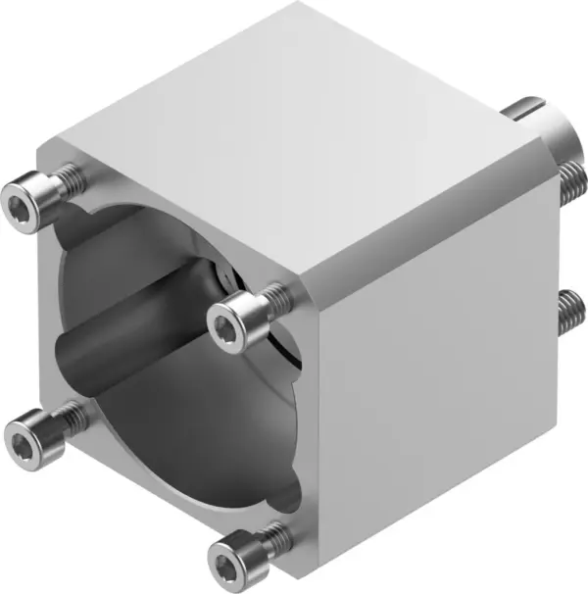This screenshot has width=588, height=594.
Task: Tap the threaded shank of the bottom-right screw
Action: pyautogui.click(x=278, y=534)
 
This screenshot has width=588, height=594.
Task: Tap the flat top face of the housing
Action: pyautogui.click(x=294, y=127)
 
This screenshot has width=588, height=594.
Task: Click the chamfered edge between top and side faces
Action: pyautogui.click(x=431, y=211)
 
